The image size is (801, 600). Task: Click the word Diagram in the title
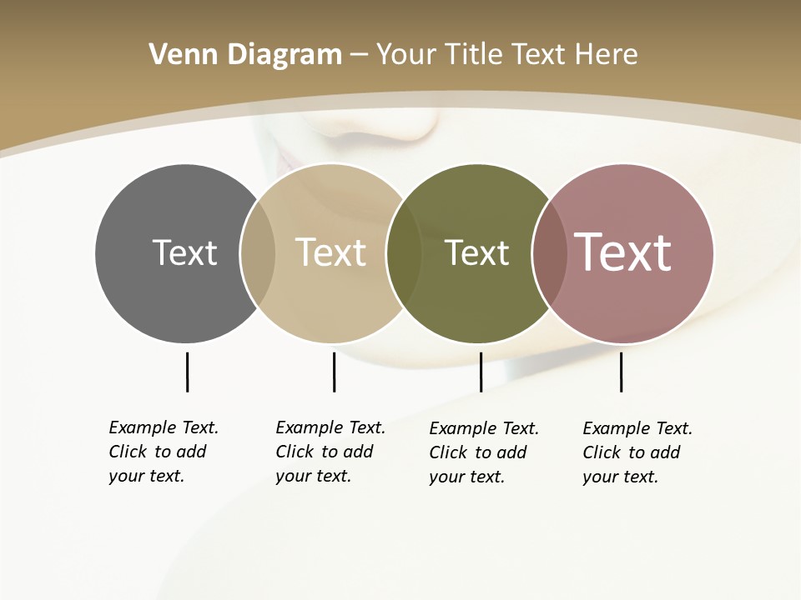point(285,55)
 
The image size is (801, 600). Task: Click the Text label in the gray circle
point(184,252)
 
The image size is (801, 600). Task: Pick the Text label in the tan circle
point(331,252)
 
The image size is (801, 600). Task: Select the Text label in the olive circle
point(476,252)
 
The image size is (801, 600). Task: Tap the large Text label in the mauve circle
point(623,252)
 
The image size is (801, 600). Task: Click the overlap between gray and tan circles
point(258,253)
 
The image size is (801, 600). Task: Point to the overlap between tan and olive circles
point(404,253)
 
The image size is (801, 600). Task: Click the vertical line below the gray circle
point(187,372)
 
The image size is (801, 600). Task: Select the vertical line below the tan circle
point(334,372)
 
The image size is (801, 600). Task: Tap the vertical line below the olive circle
point(481,372)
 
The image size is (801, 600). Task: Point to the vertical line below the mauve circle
point(621,372)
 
